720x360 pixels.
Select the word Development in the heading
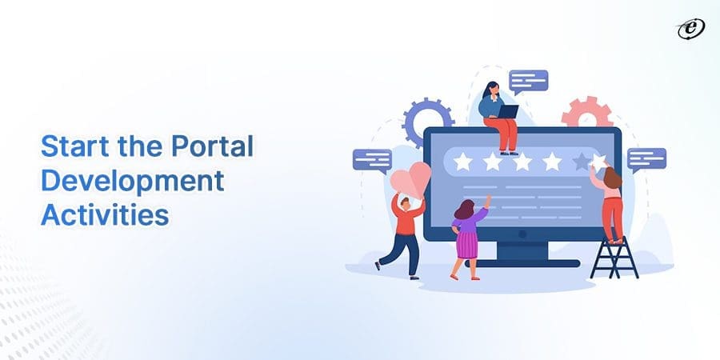[x=132, y=182]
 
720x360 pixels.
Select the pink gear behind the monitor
[x=586, y=112]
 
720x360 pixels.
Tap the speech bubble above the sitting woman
[x=529, y=81]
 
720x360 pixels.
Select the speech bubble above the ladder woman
[x=646, y=158]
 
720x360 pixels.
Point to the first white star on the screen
[x=462, y=162]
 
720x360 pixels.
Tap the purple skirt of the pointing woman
[x=466, y=243]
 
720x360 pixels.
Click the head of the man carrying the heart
[x=406, y=206]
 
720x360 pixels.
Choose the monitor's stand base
[x=538, y=262]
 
